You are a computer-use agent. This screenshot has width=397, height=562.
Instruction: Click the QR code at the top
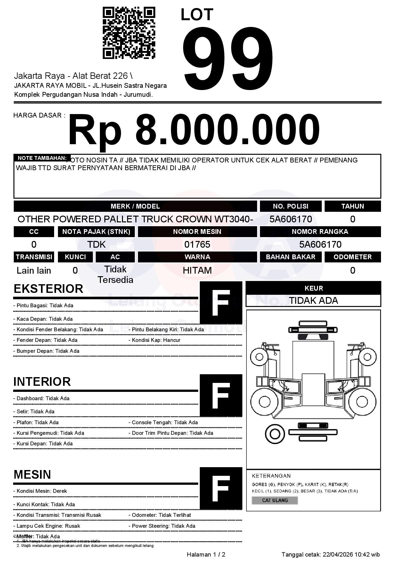tap(129, 33)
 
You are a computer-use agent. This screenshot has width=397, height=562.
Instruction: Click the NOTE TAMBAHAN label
tap(42, 158)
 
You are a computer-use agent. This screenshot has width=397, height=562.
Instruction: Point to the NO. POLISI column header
tap(290, 206)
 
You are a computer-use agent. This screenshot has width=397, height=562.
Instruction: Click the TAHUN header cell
tap(352, 206)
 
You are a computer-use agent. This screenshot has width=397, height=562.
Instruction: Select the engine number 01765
tap(197, 244)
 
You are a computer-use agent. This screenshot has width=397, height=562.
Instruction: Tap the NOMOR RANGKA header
tap(320, 232)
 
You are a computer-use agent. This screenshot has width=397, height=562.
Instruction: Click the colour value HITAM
tap(197, 270)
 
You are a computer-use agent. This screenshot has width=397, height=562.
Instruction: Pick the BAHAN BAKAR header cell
tap(290, 257)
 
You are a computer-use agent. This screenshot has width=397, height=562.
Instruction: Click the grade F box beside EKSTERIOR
tap(221, 302)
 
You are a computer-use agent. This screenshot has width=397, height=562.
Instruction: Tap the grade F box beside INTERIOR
tap(221, 395)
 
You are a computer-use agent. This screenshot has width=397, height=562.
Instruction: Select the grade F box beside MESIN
tap(221, 488)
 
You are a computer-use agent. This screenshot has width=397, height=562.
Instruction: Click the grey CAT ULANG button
tap(275, 500)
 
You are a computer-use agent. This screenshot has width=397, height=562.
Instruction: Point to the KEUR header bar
tap(313, 288)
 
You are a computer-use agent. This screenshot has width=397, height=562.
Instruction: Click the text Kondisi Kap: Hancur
tap(156, 340)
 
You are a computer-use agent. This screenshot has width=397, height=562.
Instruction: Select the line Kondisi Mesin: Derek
tap(40, 491)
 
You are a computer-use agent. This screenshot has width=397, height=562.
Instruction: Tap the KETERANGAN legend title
tap(271, 476)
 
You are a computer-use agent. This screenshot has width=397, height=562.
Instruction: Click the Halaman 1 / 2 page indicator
tap(206, 555)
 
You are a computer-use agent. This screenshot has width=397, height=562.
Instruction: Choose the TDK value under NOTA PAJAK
tap(96, 244)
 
